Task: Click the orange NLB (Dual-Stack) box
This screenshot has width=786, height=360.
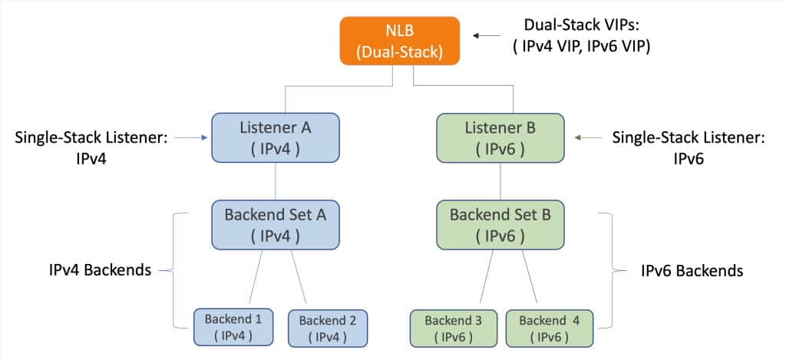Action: tap(400, 42)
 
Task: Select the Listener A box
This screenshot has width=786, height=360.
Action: tap(276, 137)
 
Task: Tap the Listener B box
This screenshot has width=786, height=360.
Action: tap(500, 137)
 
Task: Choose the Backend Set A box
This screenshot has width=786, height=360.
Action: tap(276, 223)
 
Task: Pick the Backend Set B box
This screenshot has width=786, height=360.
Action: tap(500, 223)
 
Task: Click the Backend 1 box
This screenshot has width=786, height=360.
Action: tap(233, 327)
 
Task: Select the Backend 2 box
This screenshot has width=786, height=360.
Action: tap(328, 328)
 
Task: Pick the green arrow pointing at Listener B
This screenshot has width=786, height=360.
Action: tap(585, 138)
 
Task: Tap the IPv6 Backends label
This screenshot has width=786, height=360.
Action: tap(692, 270)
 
